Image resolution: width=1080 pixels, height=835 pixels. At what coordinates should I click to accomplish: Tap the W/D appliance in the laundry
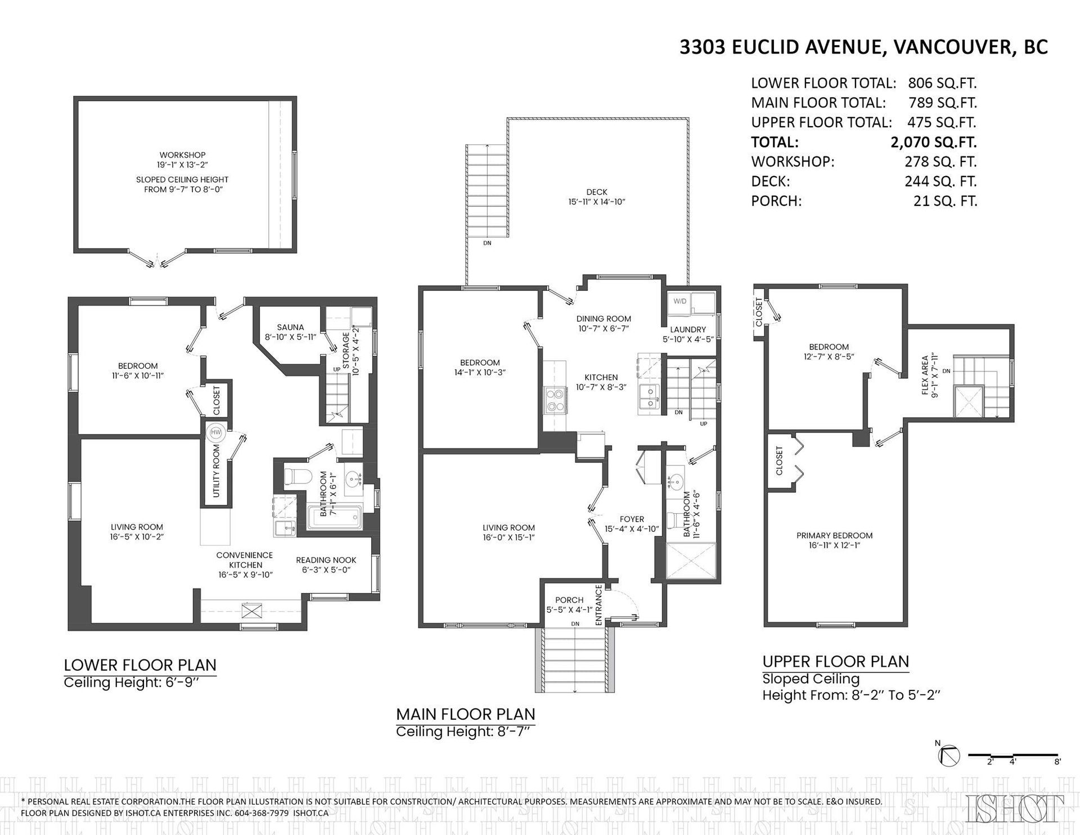click(680, 302)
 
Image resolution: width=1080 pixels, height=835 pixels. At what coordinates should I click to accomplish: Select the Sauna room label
click(290, 327)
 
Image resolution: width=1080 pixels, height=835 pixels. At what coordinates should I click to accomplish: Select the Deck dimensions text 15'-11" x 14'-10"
click(596, 202)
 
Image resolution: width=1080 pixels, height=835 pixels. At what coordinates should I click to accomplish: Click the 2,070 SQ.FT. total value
click(933, 142)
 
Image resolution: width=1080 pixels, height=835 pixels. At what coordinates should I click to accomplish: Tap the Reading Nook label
click(326, 560)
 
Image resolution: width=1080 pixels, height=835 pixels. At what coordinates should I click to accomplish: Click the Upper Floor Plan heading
click(835, 661)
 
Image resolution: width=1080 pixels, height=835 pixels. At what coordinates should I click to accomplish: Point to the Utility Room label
click(217, 471)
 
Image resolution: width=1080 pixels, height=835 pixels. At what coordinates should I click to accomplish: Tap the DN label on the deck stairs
click(487, 244)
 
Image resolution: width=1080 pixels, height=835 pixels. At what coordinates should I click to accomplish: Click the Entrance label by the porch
click(598, 605)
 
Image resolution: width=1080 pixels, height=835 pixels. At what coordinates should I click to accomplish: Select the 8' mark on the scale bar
click(1057, 762)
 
